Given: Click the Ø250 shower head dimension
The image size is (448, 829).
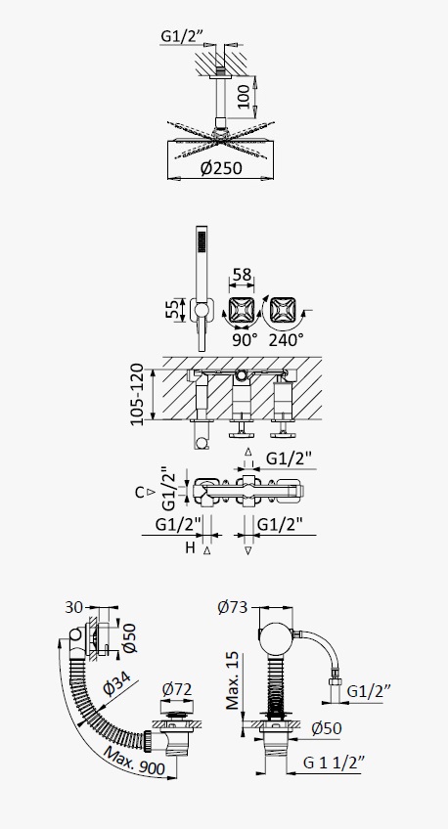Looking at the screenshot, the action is point(221,168).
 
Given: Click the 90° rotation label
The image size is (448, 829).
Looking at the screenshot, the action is point(244,340).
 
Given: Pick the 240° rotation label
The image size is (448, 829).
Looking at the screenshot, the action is point(286,340).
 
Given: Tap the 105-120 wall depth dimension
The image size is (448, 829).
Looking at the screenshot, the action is point(137,394).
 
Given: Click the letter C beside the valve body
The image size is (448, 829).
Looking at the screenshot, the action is point(140,493).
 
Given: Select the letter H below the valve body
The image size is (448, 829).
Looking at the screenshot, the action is point(190,547).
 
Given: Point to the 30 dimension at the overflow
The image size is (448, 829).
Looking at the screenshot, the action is point(73,607).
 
